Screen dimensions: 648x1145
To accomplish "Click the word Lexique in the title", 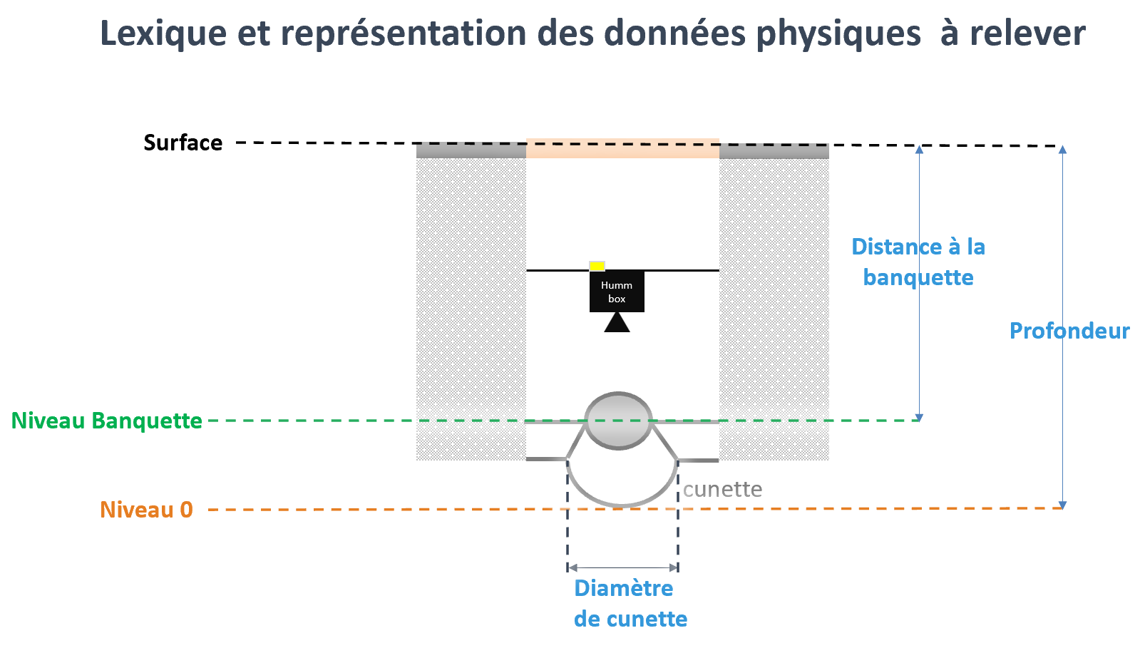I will pyautogui.click(x=163, y=34).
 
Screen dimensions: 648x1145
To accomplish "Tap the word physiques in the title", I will pyautogui.click(x=838, y=34).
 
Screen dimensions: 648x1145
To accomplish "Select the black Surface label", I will pyautogui.click(x=183, y=143).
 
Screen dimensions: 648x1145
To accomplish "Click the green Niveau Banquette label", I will pyautogui.click(x=107, y=421).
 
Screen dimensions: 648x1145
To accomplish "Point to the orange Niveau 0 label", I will pyautogui.click(x=146, y=510).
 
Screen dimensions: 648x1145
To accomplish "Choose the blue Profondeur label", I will pyautogui.click(x=1069, y=331).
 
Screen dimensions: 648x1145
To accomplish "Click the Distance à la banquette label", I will pyautogui.click(x=918, y=262).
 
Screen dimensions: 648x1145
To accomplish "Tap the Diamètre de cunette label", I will pyautogui.click(x=630, y=603).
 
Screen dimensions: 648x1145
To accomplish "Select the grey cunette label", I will pyautogui.click(x=722, y=489).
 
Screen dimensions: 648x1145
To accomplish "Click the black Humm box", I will pyautogui.click(x=617, y=292).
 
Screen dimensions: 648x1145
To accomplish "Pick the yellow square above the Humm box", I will pyautogui.click(x=597, y=266).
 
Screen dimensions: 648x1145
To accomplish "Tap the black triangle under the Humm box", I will pyautogui.click(x=617, y=324).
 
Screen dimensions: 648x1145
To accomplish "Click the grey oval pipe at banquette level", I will pyautogui.click(x=618, y=421).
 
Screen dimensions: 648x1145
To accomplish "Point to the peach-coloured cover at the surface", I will pyautogui.click(x=622, y=148).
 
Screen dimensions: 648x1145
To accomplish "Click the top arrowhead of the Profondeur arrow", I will pyautogui.click(x=1062, y=150).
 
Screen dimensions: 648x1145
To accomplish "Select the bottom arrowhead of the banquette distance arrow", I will pyautogui.click(x=919, y=417).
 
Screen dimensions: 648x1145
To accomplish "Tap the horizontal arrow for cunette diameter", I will pyautogui.click(x=622, y=567).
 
